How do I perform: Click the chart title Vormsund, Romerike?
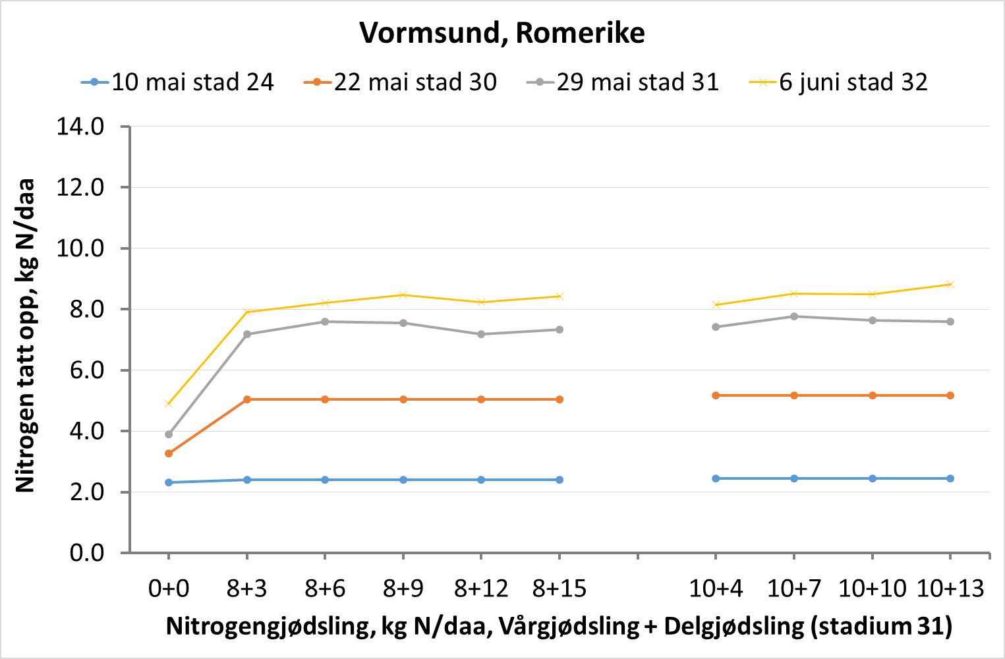click(502, 33)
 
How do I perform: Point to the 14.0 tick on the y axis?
click(80, 127)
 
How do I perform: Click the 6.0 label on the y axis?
click(80, 370)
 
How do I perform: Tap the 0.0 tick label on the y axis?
click(80, 553)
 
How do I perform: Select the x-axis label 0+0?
click(169, 588)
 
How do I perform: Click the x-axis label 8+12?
click(481, 588)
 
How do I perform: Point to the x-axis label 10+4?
click(716, 588)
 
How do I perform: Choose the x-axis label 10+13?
click(950, 588)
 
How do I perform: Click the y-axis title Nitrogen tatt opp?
click(25, 336)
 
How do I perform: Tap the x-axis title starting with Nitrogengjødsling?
click(559, 626)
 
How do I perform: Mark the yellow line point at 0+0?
click(169, 403)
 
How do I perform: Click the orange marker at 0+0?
click(169, 453)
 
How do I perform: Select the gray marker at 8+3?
click(247, 334)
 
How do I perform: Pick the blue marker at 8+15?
click(560, 480)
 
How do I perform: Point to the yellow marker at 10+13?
click(950, 285)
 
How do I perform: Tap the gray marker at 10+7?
click(794, 316)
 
